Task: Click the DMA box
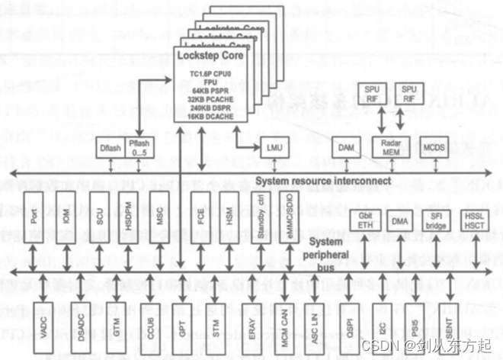click(x=400, y=222)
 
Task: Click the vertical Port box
click(x=33, y=217)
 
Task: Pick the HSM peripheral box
click(x=227, y=217)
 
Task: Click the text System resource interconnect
click(x=324, y=181)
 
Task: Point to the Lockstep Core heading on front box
click(x=208, y=56)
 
